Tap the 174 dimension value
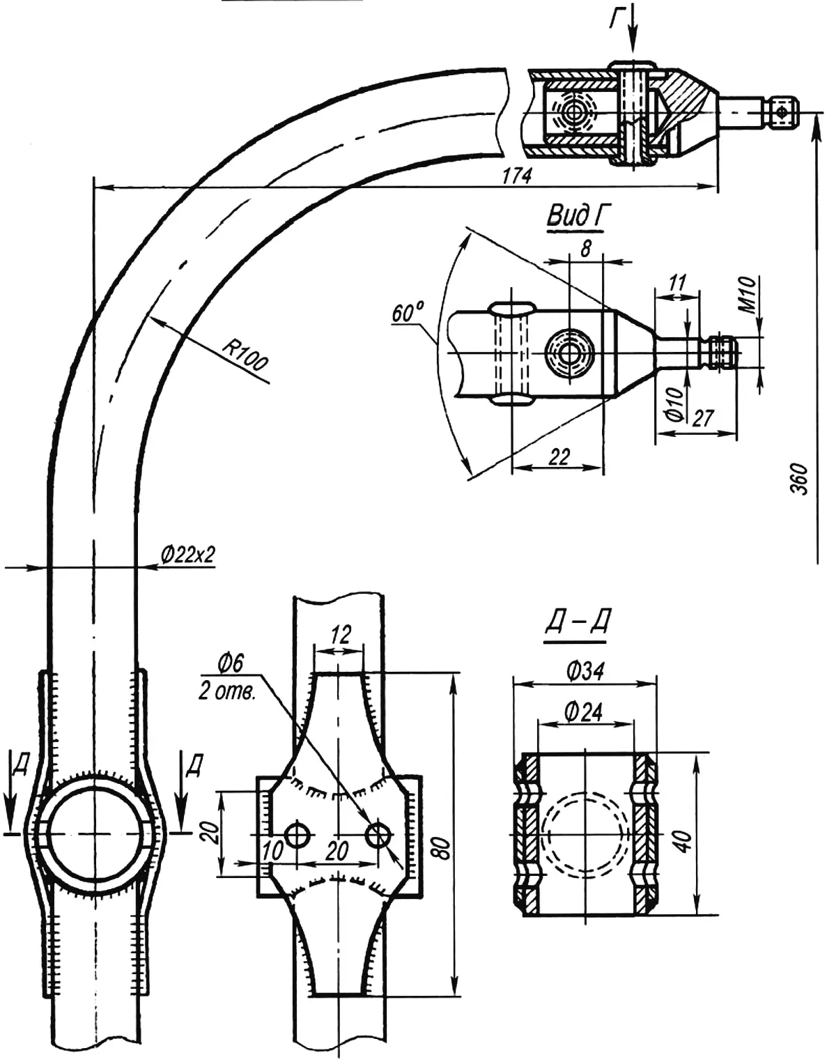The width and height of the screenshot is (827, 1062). click(x=518, y=176)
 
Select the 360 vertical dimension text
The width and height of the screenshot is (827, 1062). click(x=800, y=479)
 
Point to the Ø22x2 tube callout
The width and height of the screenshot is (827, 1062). click(x=188, y=555)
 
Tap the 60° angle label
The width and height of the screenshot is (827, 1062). click(x=408, y=312)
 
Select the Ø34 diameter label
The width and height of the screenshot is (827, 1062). click(x=585, y=672)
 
